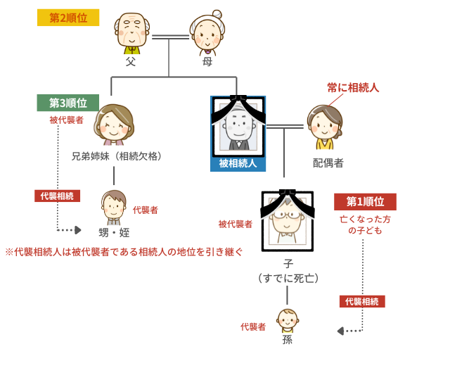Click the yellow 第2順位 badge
click(67, 18)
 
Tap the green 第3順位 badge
click(67, 103)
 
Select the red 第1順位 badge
click(365, 202)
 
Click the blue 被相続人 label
click(238, 163)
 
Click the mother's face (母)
click(207, 32)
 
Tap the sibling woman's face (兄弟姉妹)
click(113, 125)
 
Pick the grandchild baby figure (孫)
click(287, 321)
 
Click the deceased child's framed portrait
click(287, 221)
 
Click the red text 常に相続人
click(353, 88)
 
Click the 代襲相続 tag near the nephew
click(57, 196)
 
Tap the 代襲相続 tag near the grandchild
click(362, 301)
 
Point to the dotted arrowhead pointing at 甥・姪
click(77, 230)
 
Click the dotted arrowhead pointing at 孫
click(341, 331)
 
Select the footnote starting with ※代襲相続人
click(124, 251)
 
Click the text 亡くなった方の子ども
click(365, 224)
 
